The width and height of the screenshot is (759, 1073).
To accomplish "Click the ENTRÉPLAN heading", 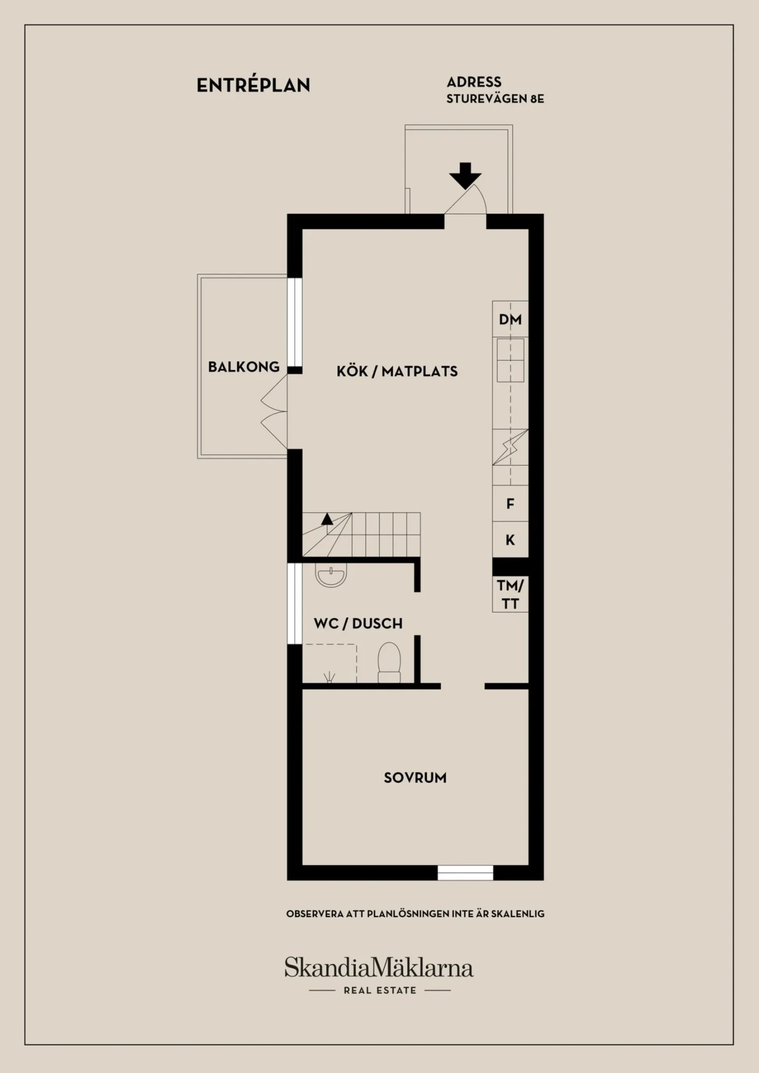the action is pyautogui.click(x=254, y=85).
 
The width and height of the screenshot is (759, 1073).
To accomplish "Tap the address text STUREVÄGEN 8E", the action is pyautogui.click(x=495, y=99).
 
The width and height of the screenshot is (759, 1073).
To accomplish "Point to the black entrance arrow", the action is pyautogui.click(x=465, y=176).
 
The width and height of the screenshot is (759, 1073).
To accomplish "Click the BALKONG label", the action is pyautogui.click(x=244, y=367).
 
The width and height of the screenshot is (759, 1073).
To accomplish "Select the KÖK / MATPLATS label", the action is pyautogui.click(x=397, y=372).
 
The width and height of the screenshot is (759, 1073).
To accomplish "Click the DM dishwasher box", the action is pyautogui.click(x=510, y=319).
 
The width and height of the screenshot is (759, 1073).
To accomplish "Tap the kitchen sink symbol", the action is pyautogui.click(x=510, y=360).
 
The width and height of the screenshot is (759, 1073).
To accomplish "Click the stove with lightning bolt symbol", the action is pyautogui.click(x=510, y=447).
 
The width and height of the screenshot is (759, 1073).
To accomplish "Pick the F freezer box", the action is pyautogui.click(x=510, y=503).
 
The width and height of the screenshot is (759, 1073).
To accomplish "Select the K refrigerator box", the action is pyautogui.click(x=510, y=540).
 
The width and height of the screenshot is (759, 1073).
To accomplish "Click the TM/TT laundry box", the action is pyautogui.click(x=510, y=594).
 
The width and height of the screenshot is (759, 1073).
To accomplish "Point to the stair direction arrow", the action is pyautogui.click(x=327, y=519).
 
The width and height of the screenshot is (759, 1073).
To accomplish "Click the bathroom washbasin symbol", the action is pyautogui.click(x=331, y=575).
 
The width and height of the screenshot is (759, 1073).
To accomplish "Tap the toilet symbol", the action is pyautogui.click(x=389, y=663).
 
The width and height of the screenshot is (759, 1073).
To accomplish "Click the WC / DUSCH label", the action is pyautogui.click(x=358, y=623).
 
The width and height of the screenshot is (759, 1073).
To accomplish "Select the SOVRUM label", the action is pyautogui.click(x=415, y=778).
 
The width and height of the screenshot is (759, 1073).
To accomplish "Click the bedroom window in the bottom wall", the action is pyautogui.click(x=465, y=873).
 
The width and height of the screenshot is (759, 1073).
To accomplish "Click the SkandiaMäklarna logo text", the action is pyautogui.click(x=379, y=967).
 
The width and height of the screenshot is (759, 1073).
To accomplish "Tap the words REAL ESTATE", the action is pyautogui.click(x=380, y=990).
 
